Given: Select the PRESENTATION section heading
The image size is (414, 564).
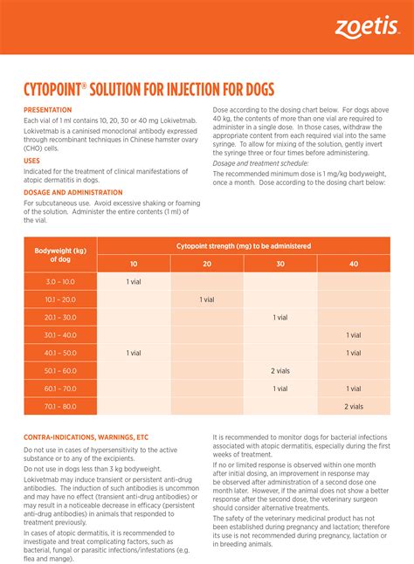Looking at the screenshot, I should tap(49, 110).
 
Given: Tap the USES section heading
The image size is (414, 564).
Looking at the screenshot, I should tap(31, 161).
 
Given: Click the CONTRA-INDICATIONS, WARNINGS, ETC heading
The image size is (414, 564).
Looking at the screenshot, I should tap(86, 437).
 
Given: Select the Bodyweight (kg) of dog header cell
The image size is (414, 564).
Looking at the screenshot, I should tap(60, 255).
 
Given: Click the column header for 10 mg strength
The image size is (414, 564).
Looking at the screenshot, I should tap(134, 264).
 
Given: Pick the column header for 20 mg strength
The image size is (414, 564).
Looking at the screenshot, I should tap(207, 264).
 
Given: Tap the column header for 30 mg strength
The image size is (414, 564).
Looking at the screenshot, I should tap(280, 264).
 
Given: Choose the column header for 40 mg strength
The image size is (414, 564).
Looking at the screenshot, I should tap(354, 264).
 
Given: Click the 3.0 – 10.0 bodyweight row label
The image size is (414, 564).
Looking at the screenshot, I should tap(60, 282).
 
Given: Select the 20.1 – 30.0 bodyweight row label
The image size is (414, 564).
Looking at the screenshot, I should tap(60, 318).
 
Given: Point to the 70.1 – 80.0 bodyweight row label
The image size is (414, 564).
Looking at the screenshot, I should tap(60, 406).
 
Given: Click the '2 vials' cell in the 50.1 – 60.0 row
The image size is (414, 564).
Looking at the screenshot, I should tap(280, 371).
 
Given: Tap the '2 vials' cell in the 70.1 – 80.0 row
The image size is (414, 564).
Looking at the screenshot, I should tap(354, 406).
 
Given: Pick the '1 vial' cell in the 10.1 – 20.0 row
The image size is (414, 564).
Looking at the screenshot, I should tap(207, 299).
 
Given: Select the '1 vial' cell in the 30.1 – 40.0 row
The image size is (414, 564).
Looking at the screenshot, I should tap(354, 335).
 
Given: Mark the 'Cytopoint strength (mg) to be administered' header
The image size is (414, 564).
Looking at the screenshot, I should tap(244, 246).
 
